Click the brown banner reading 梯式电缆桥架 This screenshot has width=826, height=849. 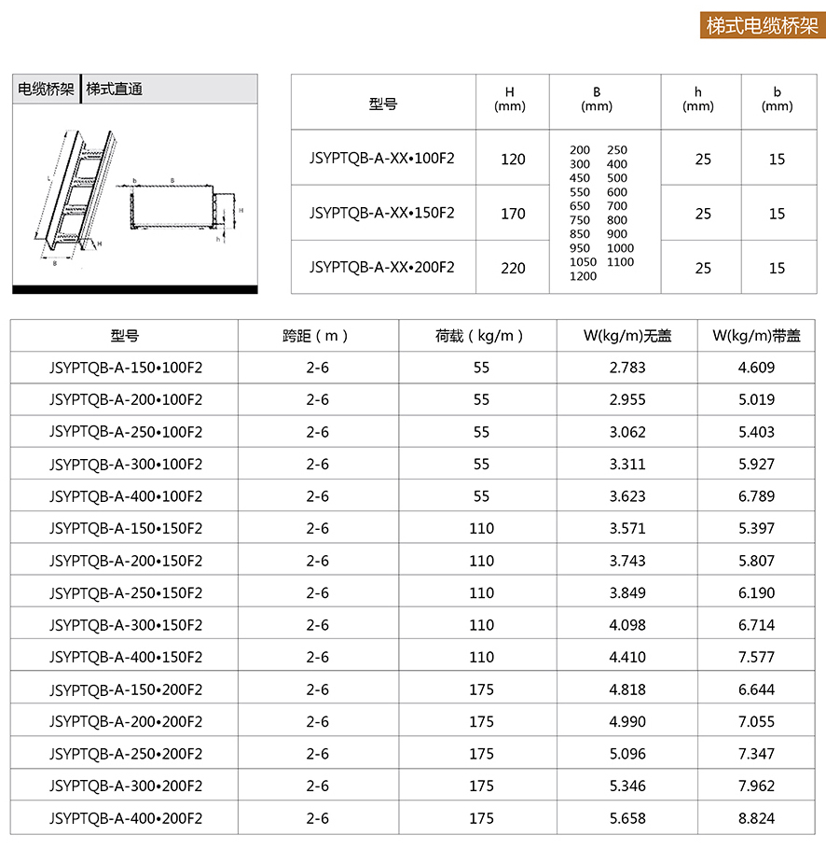(x=761, y=25)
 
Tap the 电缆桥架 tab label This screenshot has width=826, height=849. (x=46, y=90)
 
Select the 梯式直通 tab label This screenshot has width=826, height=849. (x=114, y=90)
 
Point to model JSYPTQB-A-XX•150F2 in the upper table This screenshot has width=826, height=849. (x=382, y=213)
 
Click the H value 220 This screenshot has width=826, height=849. (x=513, y=268)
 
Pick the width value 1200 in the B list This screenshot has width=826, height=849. (x=583, y=276)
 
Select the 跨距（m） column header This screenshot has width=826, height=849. (x=317, y=336)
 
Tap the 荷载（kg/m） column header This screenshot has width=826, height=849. (x=479, y=336)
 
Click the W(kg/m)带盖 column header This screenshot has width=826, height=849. (x=756, y=336)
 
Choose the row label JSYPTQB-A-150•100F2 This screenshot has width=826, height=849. (x=125, y=368)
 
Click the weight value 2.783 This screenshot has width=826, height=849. (x=626, y=368)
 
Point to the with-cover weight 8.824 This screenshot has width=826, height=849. (x=756, y=818)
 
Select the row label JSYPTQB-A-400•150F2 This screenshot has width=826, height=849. (x=125, y=657)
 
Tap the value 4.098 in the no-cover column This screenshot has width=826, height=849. (x=626, y=625)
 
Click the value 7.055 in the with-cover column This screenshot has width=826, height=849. (x=756, y=721)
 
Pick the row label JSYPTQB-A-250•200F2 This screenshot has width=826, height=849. (x=125, y=754)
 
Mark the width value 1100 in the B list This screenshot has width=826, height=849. (x=620, y=262)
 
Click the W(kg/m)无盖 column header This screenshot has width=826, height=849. (x=626, y=336)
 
